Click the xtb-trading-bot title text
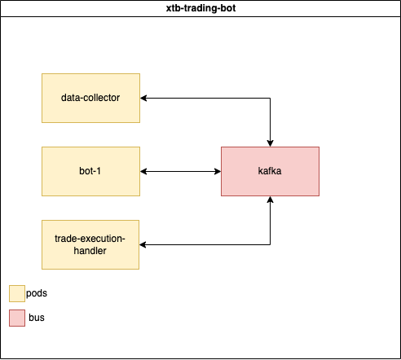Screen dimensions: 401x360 point(200,8)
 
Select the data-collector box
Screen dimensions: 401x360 point(90,98)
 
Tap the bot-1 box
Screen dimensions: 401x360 point(90,171)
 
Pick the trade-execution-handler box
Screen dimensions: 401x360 point(90,244)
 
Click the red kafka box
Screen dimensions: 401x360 point(270,171)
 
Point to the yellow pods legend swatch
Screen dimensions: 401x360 point(17,293)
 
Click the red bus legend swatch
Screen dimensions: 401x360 point(17,318)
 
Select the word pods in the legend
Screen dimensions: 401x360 point(37,293)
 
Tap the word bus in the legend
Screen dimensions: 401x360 point(37,318)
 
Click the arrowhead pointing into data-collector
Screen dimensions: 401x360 point(143,98)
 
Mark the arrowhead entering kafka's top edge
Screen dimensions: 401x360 point(270,143)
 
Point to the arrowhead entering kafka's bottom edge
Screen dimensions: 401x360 point(270,200)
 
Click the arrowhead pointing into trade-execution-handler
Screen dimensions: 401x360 point(143,244)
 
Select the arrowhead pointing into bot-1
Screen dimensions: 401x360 point(143,171)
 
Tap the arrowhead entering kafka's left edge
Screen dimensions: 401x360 point(218,171)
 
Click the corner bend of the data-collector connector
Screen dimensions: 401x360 point(270,98)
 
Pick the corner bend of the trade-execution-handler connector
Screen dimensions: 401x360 point(270,244)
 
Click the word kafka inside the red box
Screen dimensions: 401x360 point(270,171)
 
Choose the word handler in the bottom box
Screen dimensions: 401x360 point(90,251)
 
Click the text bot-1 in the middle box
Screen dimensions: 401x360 point(90,171)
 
